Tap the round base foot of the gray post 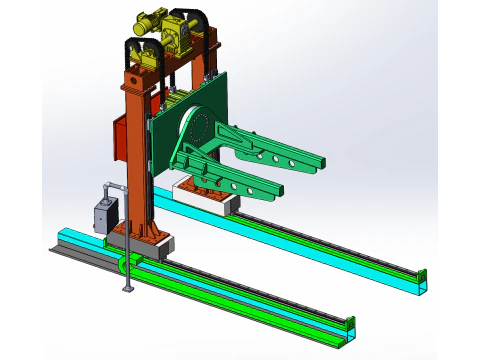[x=126, y=291]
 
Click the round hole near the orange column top [x=133, y=76]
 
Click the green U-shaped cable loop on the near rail [x=125, y=264]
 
